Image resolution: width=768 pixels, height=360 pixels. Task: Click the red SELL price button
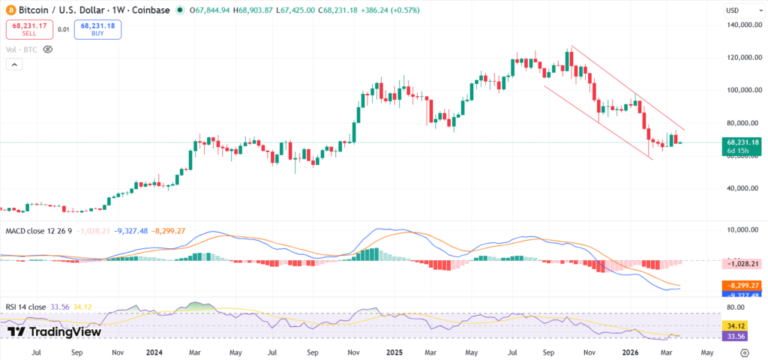click(28, 30)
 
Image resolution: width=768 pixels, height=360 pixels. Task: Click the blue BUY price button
click(97, 30)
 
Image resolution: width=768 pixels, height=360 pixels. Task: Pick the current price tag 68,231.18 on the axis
click(743, 142)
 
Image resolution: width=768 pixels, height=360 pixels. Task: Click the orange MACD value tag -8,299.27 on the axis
click(743, 286)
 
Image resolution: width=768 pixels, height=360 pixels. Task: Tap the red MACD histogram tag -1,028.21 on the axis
click(743, 264)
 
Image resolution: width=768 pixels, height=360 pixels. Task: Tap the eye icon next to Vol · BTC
click(47, 49)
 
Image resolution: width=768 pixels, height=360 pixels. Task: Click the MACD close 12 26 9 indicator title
click(39, 230)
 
